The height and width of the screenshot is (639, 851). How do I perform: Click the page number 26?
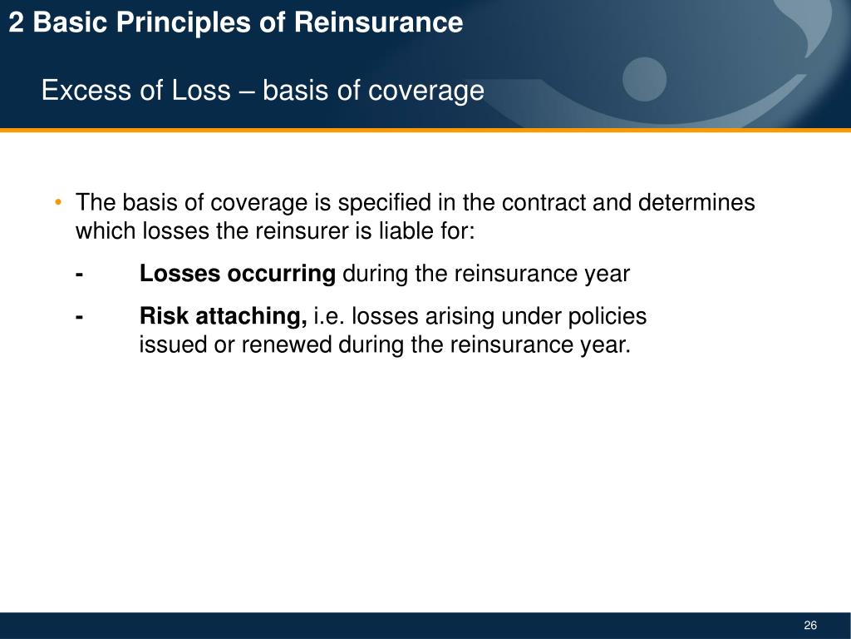point(810,626)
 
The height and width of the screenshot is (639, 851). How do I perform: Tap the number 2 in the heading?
point(17,22)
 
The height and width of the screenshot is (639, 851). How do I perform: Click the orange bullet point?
point(57,203)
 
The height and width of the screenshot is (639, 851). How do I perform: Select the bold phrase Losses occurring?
point(237,273)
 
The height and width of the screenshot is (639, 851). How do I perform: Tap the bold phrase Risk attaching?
point(223,316)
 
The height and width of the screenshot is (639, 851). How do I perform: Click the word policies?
point(607,316)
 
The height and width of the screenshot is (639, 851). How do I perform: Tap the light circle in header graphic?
point(645,80)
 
